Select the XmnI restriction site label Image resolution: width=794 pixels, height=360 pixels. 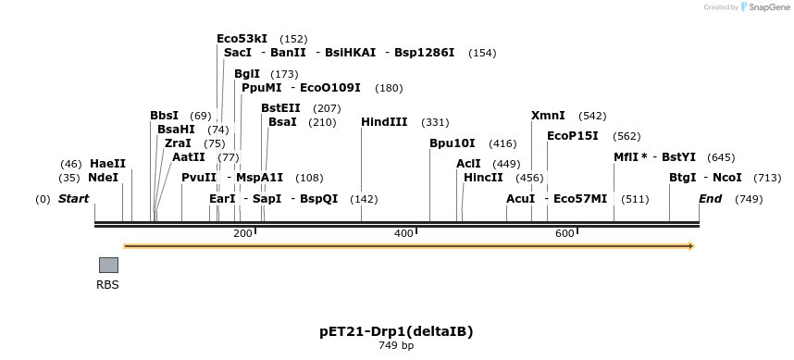tap(548, 116)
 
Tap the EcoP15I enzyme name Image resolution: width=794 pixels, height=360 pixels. tap(573, 136)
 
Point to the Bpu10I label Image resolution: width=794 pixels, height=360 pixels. tap(453, 143)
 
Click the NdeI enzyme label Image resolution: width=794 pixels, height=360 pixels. tap(104, 177)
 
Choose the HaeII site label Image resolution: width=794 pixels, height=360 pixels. tap(107, 164)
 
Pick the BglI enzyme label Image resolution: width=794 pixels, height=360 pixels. tap(247, 74)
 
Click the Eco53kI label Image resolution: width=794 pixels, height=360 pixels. tap(242, 39)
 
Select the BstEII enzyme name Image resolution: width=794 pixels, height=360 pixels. tap(280, 108)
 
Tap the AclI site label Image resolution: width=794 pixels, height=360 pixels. tap(468, 164)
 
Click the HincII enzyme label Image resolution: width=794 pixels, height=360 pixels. tap(483, 177)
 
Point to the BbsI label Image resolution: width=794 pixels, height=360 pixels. tap(164, 116)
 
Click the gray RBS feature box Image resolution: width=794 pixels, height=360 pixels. tap(108, 265)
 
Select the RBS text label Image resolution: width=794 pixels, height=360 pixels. tap(108, 285)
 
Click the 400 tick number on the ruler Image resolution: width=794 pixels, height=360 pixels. tap(403, 234)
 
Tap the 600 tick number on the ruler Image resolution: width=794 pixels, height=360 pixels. tap(564, 234)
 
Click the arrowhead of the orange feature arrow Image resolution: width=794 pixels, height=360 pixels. tap(689, 246)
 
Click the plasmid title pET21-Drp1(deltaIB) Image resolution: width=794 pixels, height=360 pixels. tap(396, 331)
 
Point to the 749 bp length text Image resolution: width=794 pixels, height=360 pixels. tap(396, 346)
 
